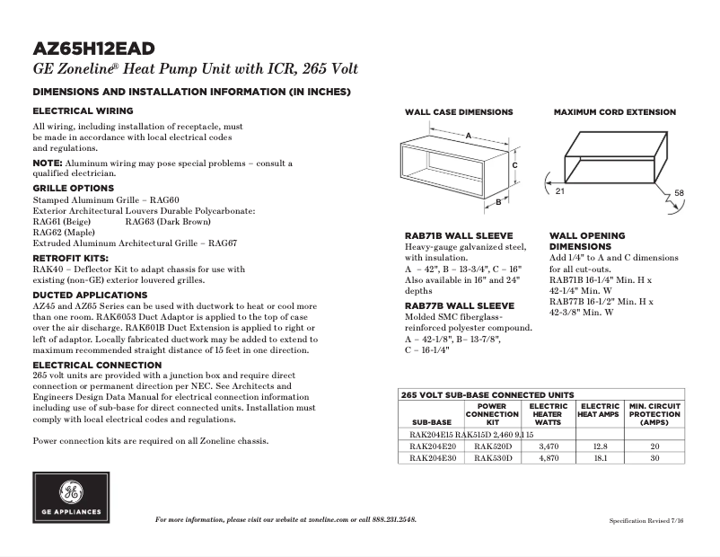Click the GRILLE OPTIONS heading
point(74,188)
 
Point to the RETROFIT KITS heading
point(71,257)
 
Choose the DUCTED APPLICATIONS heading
point(90,295)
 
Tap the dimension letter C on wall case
point(515,165)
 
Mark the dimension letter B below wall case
point(497,203)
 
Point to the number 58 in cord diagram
point(679,193)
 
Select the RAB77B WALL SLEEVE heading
point(459,305)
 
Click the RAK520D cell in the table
point(492,446)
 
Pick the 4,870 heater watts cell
point(548,457)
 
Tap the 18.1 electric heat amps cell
point(600,457)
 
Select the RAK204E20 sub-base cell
point(431,446)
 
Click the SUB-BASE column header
point(431,421)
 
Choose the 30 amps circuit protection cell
point(654,457)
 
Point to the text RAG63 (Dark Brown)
point(168,220)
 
